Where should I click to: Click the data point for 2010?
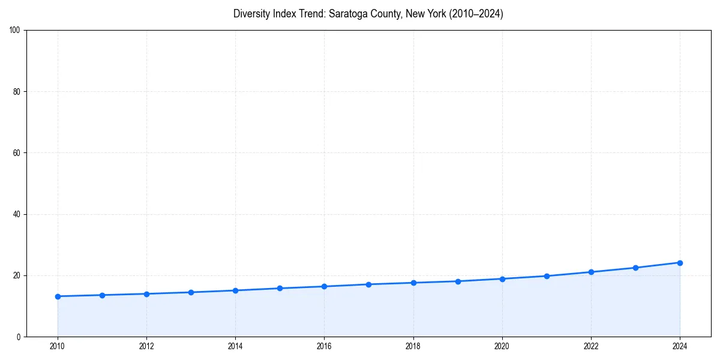58,296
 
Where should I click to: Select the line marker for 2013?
191,292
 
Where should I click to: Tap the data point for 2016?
324,286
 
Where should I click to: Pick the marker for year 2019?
458,281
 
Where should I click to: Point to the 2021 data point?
547,276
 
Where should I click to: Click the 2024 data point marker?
680,263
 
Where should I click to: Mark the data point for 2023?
635,268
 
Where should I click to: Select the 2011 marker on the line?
102,295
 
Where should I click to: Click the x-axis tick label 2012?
146,346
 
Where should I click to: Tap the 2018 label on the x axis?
413,346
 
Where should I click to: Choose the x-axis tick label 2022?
591,346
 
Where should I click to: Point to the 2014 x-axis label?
235,346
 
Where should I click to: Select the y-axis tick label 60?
17,153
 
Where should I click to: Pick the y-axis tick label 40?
17,214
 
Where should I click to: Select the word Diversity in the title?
252,14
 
